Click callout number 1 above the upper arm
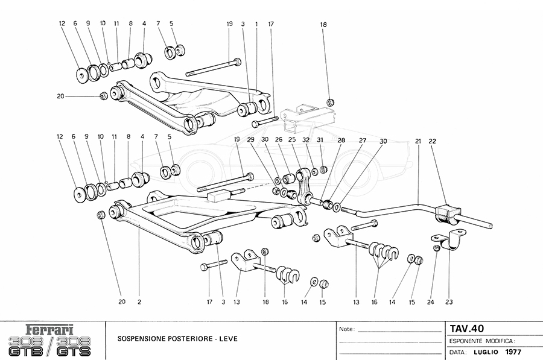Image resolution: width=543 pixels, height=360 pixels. (256, 24)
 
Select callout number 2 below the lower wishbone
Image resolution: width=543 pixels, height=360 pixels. (139, 302)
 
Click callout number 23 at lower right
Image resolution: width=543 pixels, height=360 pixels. (449, 302)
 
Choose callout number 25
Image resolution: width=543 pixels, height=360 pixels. (292, 141)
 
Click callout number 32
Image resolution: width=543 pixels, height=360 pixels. (307, 141)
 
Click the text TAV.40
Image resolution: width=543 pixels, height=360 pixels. (466, 329)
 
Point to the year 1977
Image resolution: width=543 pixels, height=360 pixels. (514, 351)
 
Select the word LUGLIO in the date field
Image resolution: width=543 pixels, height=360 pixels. (489, 351)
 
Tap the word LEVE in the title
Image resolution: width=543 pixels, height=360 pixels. (226, 339)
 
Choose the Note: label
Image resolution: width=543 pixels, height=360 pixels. (348, 330)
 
